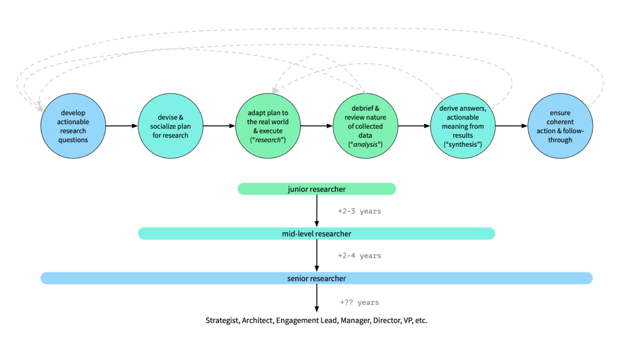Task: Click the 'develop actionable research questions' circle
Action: point(73,126)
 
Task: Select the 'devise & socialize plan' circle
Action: point(170,126)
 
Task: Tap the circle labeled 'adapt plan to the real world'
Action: point(268,126)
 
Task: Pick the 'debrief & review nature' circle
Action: point(365,126)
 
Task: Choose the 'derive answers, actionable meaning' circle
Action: point(463,126)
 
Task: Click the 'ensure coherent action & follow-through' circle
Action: point(560,126)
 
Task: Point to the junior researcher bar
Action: point(317,189)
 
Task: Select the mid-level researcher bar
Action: point(317,234)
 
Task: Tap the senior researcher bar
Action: point(317,278)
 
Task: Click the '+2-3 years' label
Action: point(359,211)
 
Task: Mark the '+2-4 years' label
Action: point(359,256)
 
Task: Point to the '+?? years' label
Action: point(359,302)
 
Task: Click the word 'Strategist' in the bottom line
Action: point(222,321)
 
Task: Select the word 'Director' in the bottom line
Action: point(386,321)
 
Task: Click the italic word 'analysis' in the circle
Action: point(365,144)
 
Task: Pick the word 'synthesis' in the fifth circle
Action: point(463,144)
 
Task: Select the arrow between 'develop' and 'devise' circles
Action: point(122,126)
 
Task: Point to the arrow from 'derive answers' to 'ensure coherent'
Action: point(511,126)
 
